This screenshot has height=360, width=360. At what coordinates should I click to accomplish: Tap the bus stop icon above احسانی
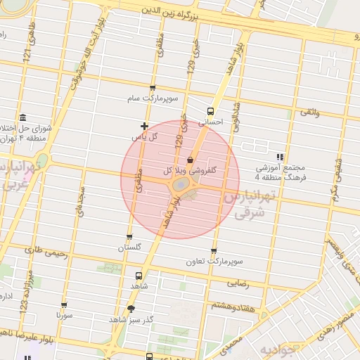[210, 111]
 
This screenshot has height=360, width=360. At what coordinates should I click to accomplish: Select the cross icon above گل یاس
[144, 126]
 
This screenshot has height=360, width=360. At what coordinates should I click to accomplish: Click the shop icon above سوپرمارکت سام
[153, 89]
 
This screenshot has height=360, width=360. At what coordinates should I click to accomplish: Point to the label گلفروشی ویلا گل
[189, 170]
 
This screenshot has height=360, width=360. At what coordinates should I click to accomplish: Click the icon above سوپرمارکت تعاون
[214, 251]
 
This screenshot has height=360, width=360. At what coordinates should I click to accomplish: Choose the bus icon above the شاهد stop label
[138, 276]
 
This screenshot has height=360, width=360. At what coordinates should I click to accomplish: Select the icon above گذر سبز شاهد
[131, 309]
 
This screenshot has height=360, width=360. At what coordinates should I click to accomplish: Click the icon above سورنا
[64, 306]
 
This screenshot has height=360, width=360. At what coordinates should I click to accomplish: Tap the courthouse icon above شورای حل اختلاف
[23, 117]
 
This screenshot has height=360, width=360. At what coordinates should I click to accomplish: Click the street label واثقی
[309, 112]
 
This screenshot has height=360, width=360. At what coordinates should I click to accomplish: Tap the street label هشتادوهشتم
[229, 305]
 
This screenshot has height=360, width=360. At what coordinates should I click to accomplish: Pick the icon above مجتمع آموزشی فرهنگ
[280, 157]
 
